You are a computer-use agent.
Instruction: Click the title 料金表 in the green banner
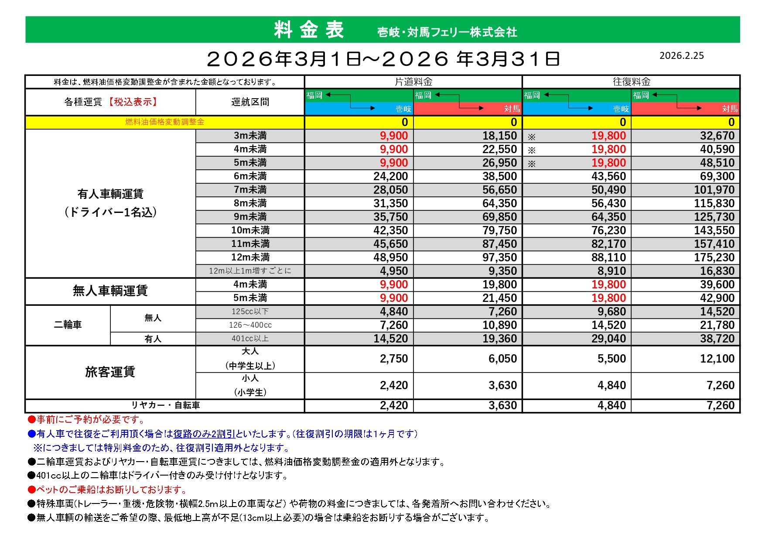tap(309, 30)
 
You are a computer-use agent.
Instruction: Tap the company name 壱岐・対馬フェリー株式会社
tap(447, 32)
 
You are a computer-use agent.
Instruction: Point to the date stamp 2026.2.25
tap(681, 55)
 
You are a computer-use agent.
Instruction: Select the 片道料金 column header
tap(413, 82)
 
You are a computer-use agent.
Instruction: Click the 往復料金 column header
tap(631, 82)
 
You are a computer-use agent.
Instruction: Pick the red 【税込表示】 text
tap(133, 102)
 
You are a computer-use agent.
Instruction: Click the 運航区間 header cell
tap(250, 102)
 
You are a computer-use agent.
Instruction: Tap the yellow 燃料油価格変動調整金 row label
tap(164, 122)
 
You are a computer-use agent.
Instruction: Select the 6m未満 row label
tap(250, 176)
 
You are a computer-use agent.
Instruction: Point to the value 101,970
tap(714, 190)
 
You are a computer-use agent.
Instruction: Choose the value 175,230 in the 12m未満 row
tap(714, 257)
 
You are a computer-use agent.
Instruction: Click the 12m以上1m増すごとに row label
tap(250, 271)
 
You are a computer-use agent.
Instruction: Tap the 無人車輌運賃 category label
tap(110, 291)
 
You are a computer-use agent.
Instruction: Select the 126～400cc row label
tap(250, 325)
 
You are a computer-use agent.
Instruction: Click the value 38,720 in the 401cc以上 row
tap(717, 339)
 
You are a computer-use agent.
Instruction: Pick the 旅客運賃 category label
tap(110, 372)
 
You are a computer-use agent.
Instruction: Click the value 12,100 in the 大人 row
tap(717, 359)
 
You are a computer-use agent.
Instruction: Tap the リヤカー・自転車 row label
tap(165, 405)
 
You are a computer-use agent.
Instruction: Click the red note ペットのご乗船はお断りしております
tap(111, 490)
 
